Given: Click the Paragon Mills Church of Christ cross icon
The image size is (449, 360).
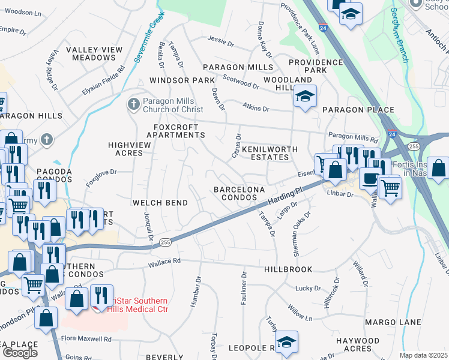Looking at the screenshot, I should (x=133, y=105).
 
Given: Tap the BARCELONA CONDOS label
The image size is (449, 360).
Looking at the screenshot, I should (x=240, y=193).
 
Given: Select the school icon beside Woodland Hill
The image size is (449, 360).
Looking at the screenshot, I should (x=305, y=96).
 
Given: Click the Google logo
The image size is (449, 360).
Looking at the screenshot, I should (x=20, y=353).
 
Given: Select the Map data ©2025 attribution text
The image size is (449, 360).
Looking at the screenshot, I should (x=423, y=355).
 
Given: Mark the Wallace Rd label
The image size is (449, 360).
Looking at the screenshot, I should (x=164, y=262).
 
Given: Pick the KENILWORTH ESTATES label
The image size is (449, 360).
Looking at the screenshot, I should (x=265, y=152).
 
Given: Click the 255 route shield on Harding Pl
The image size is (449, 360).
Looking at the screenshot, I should (x=166, y=242).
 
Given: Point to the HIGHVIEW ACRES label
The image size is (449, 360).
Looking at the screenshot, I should (x=125, y=149).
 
